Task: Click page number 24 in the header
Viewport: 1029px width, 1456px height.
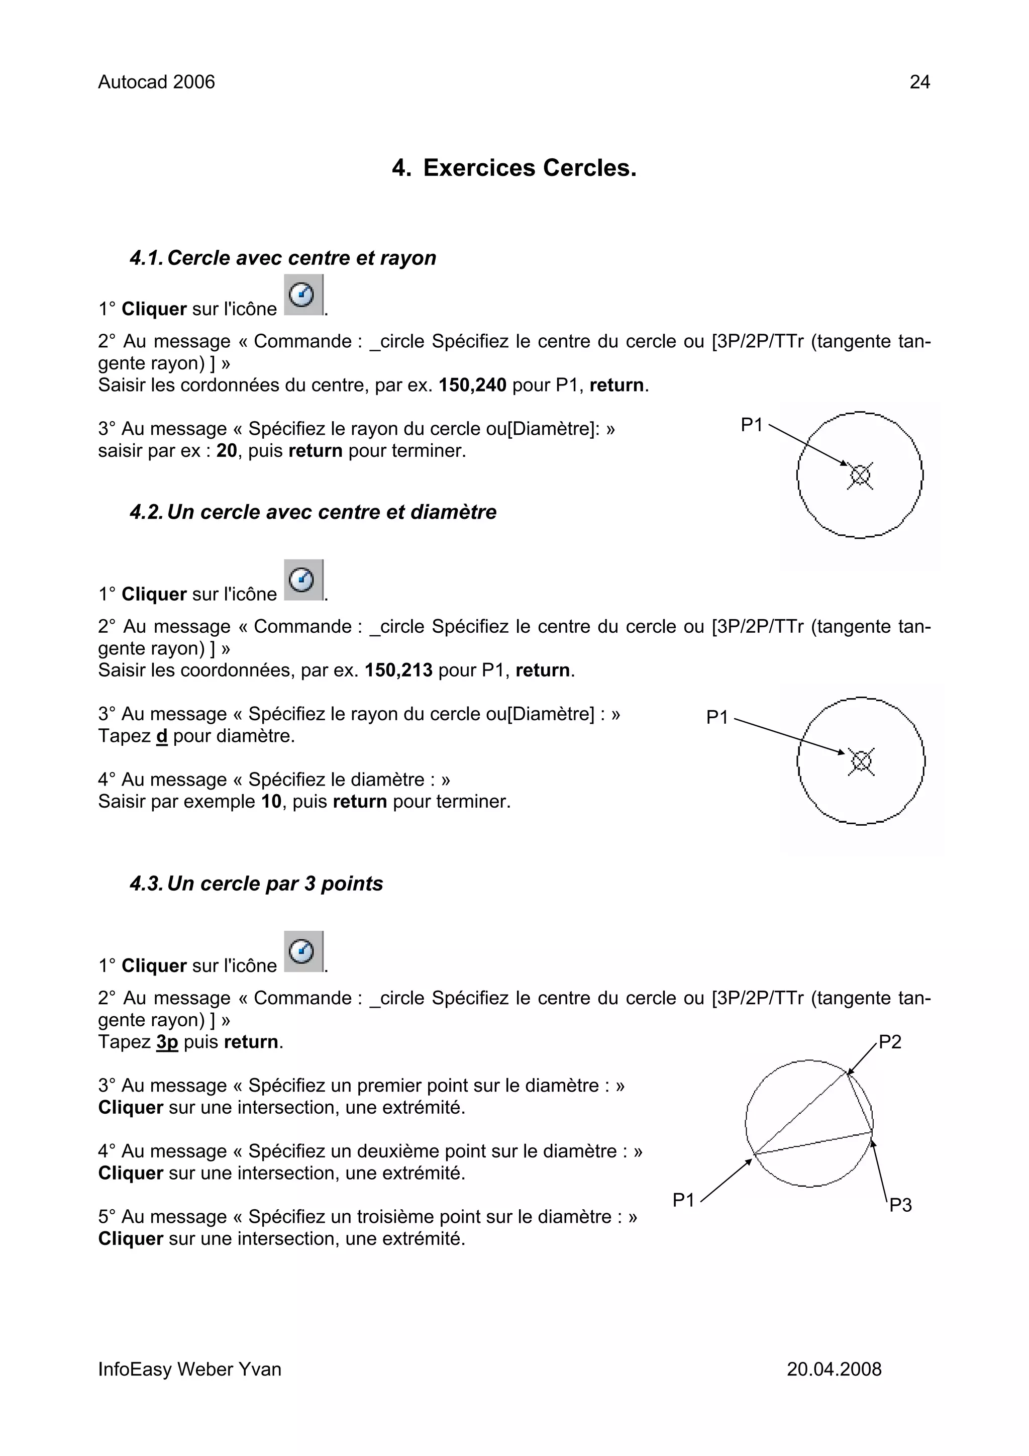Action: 919,82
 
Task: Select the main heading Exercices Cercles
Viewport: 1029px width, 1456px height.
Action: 514,168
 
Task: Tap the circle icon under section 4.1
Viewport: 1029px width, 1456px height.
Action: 303,295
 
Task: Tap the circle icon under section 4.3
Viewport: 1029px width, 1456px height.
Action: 303,952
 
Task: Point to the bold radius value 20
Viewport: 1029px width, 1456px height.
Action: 226,451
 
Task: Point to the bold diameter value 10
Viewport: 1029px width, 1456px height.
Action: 271,802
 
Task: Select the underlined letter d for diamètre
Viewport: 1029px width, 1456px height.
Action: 162,736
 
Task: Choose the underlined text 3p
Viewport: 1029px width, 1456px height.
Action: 167,1042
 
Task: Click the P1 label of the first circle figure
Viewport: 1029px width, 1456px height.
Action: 752,425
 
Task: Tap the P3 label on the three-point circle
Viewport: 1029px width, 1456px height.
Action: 900,1205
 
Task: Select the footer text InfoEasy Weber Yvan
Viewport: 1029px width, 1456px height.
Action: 189,1369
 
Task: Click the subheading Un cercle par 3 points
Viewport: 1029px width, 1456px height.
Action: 274,884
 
